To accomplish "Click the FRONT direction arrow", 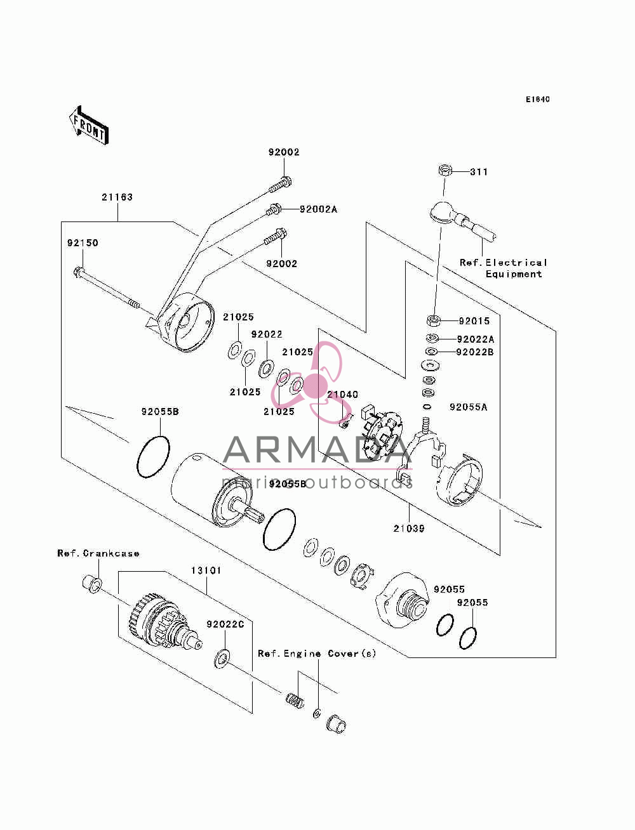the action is [88, 126].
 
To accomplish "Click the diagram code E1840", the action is [537, 100].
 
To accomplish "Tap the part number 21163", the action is [117, 197].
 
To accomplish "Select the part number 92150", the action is [83, 243].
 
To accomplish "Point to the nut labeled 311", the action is [446, 170].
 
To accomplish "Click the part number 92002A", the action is [318, 209].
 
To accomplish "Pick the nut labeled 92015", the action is [434, 320].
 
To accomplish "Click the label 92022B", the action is [475, 352].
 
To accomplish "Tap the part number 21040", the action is [342, 395].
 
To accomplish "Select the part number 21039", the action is [409, 529].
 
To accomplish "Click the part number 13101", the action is [206, 570].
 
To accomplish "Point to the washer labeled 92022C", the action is [222, 658].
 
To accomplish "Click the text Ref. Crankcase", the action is [98, 553].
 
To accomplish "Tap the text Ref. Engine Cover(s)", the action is [317, 654].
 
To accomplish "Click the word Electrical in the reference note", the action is [516, 263].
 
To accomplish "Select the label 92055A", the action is [469, 407].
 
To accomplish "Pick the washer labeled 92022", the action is [267, 369].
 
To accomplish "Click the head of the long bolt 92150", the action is [78, 272].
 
